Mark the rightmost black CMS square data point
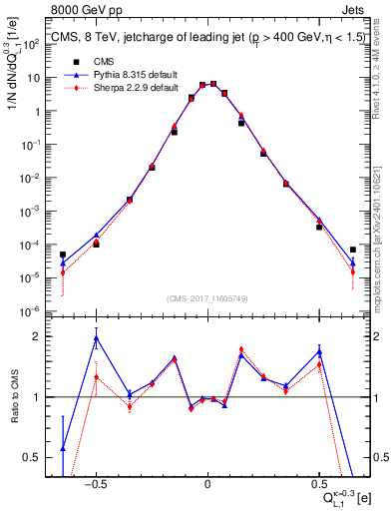pos(353,250)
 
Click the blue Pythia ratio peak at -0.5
pos(96,338)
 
